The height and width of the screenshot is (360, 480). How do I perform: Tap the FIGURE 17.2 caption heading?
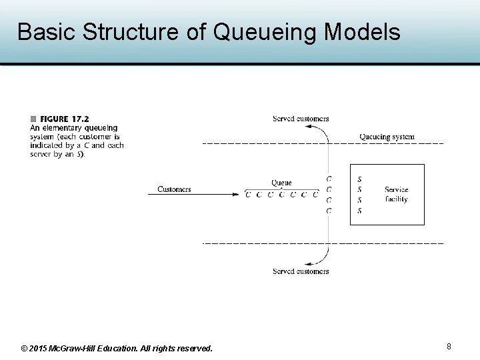64,120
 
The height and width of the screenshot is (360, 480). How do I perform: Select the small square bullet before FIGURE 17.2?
33,120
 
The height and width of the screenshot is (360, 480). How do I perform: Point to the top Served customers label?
301,119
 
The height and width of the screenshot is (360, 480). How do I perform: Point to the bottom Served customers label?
301,271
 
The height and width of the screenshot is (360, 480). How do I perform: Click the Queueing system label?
387,137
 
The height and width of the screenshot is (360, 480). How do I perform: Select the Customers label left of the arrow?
174,189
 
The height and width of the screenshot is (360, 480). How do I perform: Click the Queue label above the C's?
281,183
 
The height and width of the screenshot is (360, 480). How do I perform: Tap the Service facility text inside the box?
396,194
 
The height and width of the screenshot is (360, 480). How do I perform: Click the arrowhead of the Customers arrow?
235,195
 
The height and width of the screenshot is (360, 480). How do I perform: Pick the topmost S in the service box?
360,179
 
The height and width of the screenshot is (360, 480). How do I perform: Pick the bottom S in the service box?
360,211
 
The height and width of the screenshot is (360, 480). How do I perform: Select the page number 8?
449,347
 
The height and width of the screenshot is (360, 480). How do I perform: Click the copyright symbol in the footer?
25,349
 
